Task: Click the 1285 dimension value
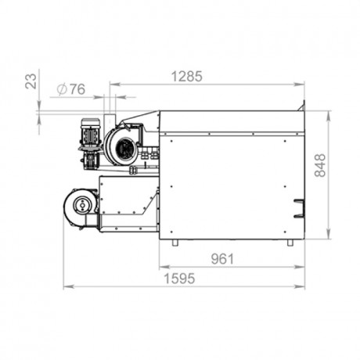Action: point(186,77)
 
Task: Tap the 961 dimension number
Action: point(222,259)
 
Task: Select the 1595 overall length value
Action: point(179,279)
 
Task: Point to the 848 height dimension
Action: point(320,165)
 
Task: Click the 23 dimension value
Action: point(31,81)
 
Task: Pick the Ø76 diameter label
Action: point(71,89)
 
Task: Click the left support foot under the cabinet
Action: point(175,243)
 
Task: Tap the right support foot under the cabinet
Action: point(290,243)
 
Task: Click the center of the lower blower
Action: point(82,206)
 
